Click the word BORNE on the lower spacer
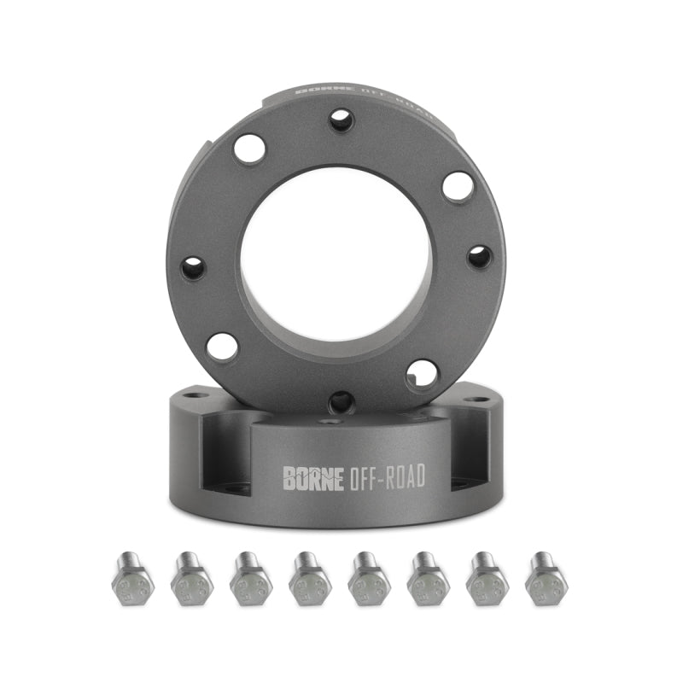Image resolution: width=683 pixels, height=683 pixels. (x=312, y=478)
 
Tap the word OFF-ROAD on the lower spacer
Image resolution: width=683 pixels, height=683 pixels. (x=387, y=478)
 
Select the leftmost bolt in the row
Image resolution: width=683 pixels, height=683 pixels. (x=132, y=580)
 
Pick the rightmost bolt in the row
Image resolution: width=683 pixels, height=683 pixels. (x=546, y=580)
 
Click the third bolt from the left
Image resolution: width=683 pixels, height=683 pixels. (x=251, y=580)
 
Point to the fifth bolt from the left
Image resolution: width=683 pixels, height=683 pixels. (x=369, y=580)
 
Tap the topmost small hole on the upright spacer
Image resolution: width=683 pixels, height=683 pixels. (x=341, y=120)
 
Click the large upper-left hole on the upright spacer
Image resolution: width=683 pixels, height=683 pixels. (x=249, y=149)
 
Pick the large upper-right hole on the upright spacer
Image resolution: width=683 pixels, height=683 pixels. (x=458, y=186)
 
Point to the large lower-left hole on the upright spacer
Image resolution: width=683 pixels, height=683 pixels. (x=222, y=347)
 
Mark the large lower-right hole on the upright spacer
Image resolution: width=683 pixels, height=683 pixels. (x=422, y=373)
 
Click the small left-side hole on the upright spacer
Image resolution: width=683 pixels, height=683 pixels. (x=193, y=268)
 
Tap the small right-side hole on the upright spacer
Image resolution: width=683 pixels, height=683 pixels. (x=480, y=256)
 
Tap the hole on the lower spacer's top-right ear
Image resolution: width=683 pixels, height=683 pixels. (x=478, y=398)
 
